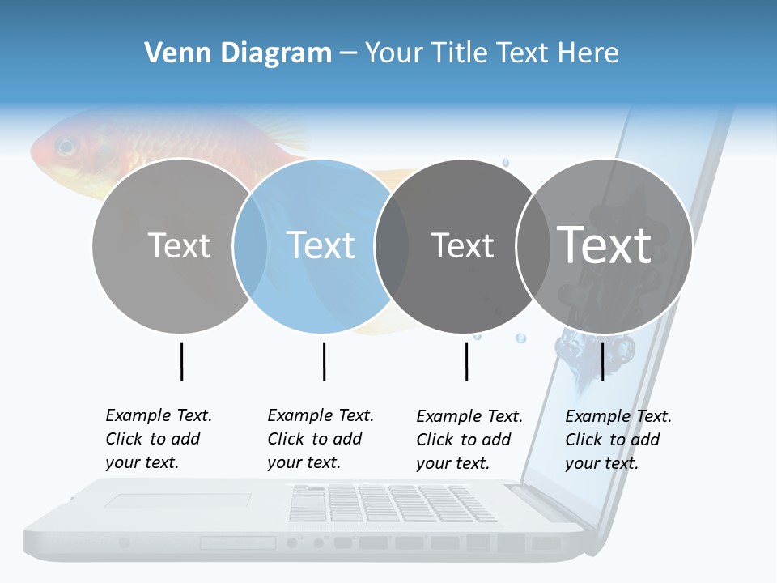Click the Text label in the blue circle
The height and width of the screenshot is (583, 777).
click(x=321, y=245)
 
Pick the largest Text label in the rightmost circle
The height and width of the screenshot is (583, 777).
click(x=605, y=245)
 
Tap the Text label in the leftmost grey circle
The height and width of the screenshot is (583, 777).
click(x=179, y=245)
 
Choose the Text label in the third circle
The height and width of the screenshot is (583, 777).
click(x=462, y=245)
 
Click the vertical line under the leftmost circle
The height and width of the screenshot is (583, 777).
click(x=182, y=361)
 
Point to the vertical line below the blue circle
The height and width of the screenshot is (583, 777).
click(x=324, y=361)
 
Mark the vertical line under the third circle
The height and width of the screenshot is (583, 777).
click(x=466, y=361)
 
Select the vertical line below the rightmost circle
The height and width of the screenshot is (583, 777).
click(x=602, y=361)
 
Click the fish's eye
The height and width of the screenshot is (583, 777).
click(x=66, y=147)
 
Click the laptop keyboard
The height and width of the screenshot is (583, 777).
click(x=393, y=503)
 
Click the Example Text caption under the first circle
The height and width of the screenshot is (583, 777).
click(x=158, y=439)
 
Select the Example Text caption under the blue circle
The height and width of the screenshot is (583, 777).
click(x=320, y=439)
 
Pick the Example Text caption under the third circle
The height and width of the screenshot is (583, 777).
click(x=469, y=440)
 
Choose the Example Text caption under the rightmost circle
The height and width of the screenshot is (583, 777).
click(x=618, y=440)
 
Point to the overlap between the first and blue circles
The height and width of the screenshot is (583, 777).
click(x=250, y=245)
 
